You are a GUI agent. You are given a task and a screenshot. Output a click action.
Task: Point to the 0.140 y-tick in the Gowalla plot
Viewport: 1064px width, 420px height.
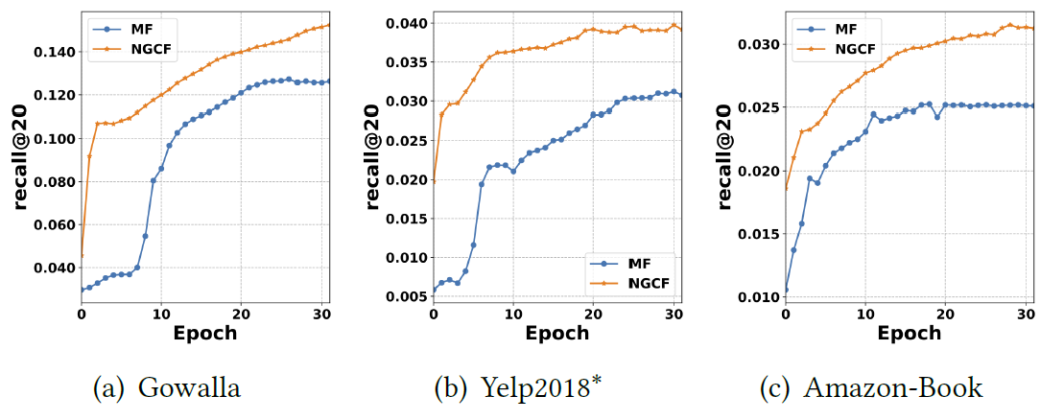pos(56,52)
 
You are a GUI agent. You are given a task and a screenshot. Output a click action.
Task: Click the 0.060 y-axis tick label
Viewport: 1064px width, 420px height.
pos(56,225)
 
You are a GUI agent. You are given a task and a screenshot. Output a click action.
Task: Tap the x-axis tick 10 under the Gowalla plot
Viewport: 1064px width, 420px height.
pos(161,315)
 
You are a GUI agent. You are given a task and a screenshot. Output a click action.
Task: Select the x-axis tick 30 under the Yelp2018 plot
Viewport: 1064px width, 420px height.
pos(674,315)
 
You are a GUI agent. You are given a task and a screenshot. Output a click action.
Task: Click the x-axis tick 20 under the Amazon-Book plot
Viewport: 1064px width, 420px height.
pos(945,315)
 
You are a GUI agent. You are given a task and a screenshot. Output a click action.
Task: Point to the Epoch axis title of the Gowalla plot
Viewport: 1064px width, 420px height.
pos(205,334)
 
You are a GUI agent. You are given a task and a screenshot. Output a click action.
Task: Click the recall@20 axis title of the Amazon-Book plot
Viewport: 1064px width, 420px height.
pos(727,157)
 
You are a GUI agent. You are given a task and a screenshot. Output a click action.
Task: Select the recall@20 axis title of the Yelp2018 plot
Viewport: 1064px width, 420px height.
pos(375,157)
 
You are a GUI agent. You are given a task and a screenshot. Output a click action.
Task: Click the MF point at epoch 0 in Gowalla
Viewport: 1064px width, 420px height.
pos(82,289)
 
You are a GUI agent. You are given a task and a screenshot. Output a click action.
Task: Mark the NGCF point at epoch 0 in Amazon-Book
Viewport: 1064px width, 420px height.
pos(786,188)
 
